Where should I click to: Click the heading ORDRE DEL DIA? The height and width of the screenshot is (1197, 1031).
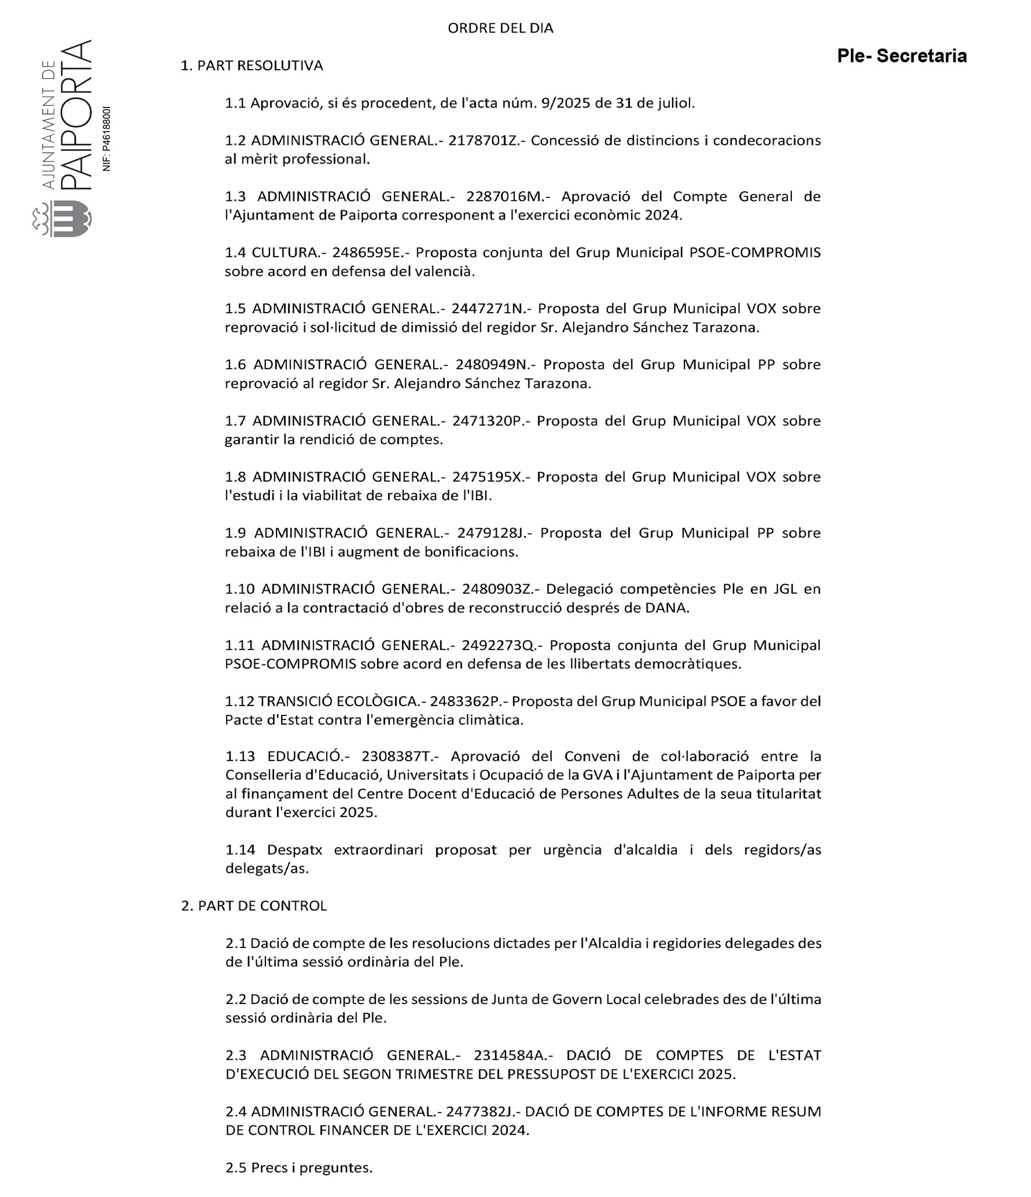tap(500, 28)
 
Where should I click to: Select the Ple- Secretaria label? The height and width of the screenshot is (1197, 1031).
tap(901, 56)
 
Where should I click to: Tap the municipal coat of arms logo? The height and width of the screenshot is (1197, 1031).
tap(63, 219)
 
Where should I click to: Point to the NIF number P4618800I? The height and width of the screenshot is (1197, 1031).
tap(106, 139)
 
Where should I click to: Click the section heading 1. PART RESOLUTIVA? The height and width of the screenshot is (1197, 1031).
tap(251, 65)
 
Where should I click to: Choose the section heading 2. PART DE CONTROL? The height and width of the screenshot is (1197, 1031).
tap(254, 905)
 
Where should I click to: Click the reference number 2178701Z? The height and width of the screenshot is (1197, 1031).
tap(482, 140)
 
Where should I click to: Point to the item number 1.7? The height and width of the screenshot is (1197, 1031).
tap(236, 421)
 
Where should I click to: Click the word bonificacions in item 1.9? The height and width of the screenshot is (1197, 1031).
tap(473, 552)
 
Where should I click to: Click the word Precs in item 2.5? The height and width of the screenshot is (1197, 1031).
tap(268, 1167)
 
